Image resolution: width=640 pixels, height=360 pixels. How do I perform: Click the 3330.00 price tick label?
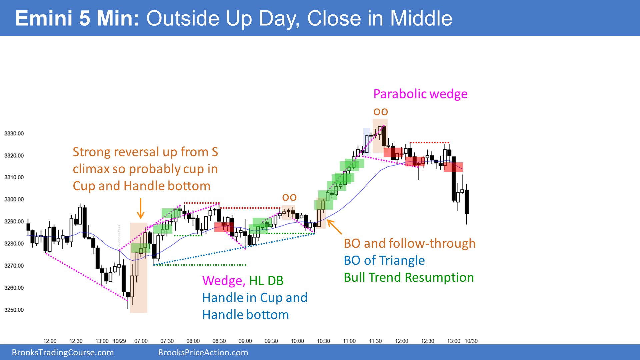click(14, 134)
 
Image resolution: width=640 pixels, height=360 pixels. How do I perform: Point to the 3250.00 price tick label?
click(14, 310)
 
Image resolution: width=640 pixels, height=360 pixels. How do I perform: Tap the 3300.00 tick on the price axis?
click(14, 200)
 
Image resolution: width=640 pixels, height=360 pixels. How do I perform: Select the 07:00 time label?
click(141, 341)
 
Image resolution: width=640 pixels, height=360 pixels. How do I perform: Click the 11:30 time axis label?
click(375, 341)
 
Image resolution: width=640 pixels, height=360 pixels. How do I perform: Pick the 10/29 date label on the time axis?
click(119, 341)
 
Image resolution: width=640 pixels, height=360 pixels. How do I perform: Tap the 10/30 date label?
click(471, 341)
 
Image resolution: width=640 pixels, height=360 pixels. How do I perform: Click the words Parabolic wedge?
click(420, 94)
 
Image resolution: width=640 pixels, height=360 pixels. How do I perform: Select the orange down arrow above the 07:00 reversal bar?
click(141, 208)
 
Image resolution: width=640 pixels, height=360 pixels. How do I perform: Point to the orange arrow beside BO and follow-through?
click(334, 227)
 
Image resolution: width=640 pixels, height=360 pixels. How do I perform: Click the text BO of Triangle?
click(384, 260)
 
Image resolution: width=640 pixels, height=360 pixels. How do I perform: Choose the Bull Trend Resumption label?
click(409, 277)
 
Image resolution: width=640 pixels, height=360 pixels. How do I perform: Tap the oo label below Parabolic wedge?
click(381, 112)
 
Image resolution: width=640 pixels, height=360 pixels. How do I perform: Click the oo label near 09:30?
click(289, 197)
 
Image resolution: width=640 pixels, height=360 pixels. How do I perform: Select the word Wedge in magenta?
click(224, 281)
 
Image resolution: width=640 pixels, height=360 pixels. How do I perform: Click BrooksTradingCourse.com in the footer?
click(63, 353)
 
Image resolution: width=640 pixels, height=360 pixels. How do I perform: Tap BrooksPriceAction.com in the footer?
click(203, 353)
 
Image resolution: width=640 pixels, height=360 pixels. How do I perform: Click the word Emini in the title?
click(44, 18)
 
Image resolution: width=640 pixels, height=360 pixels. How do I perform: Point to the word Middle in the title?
click(421, 18)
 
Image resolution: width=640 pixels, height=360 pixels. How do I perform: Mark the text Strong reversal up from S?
click(145, 152)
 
